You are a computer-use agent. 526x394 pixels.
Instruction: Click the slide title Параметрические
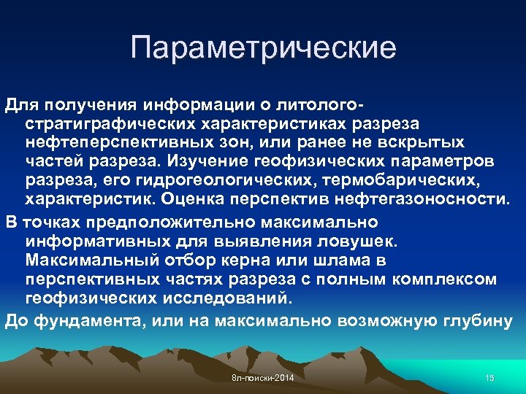pos(264,49)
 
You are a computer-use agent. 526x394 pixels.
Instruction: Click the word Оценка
pos(188,198)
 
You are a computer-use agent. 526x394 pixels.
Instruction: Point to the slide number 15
pos(489,377)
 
